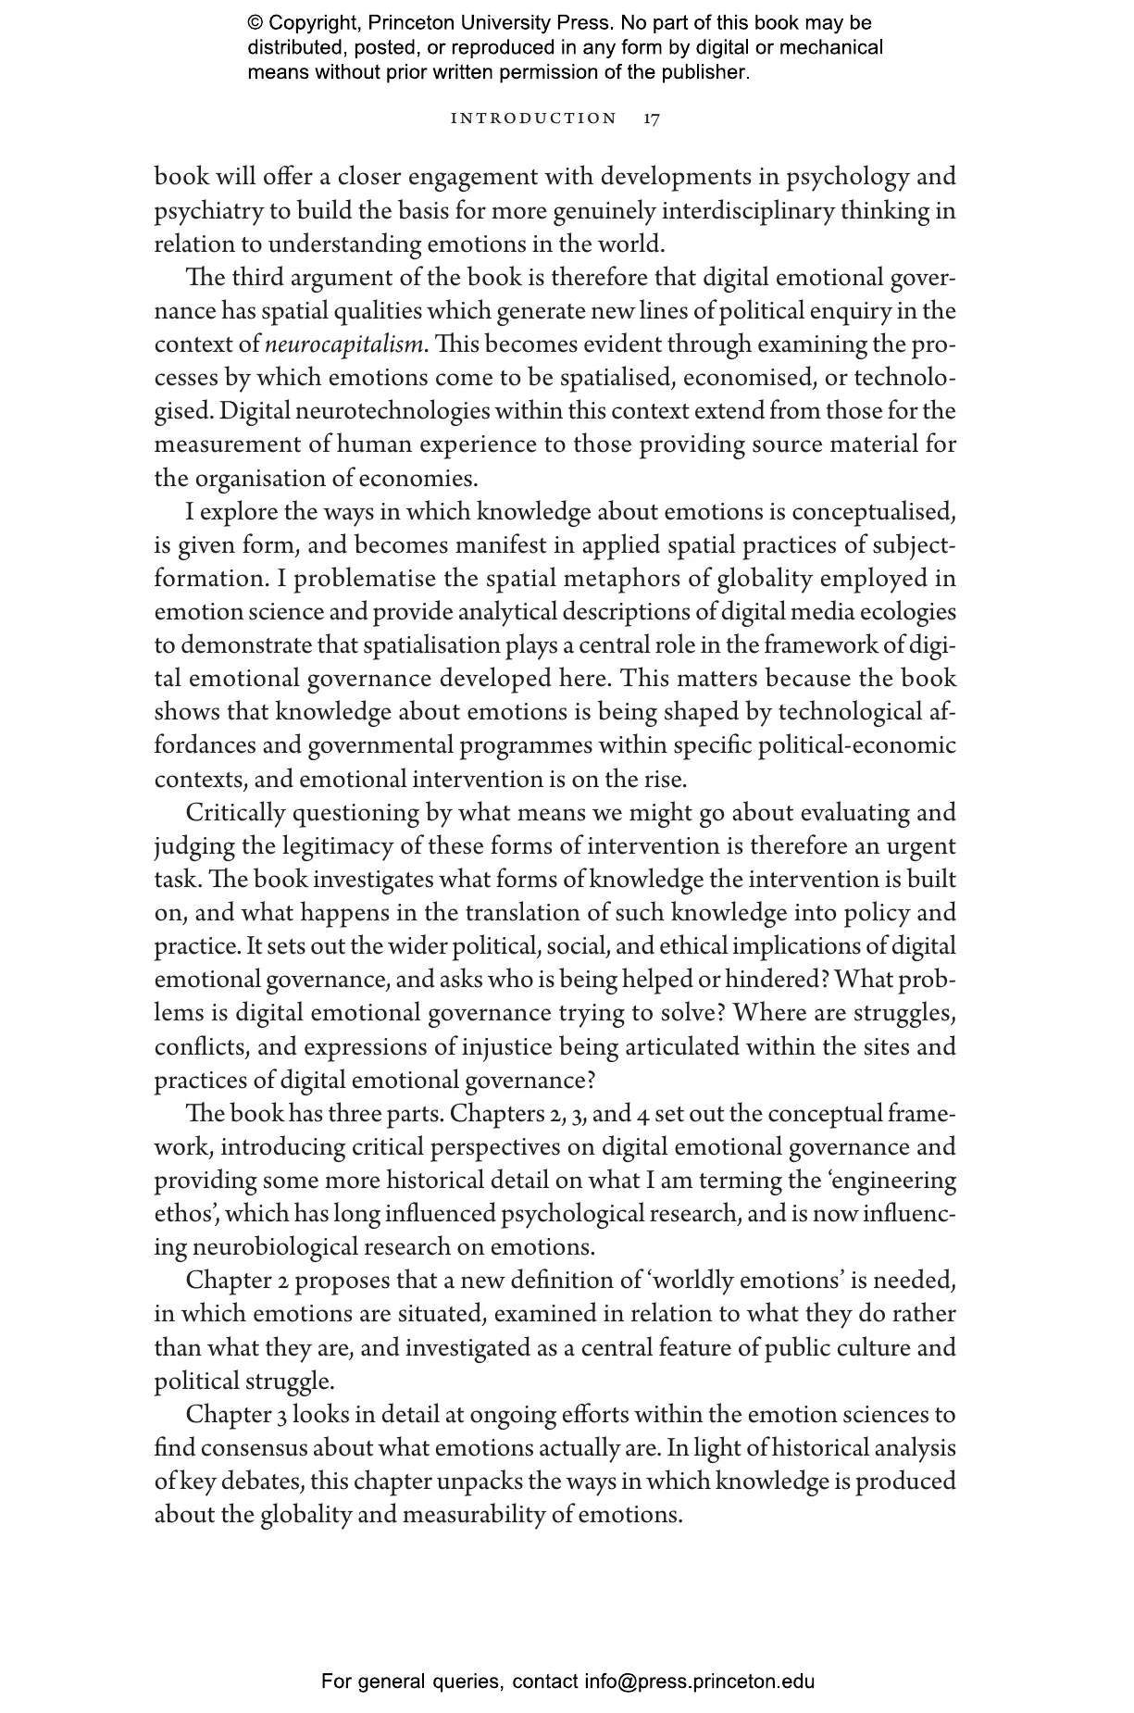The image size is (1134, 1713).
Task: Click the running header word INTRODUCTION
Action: coord(533,119)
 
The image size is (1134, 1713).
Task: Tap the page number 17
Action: coord(652,119)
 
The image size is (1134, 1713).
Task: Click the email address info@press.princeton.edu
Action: coord(699,1682)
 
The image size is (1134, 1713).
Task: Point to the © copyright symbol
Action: coord(255,23)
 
